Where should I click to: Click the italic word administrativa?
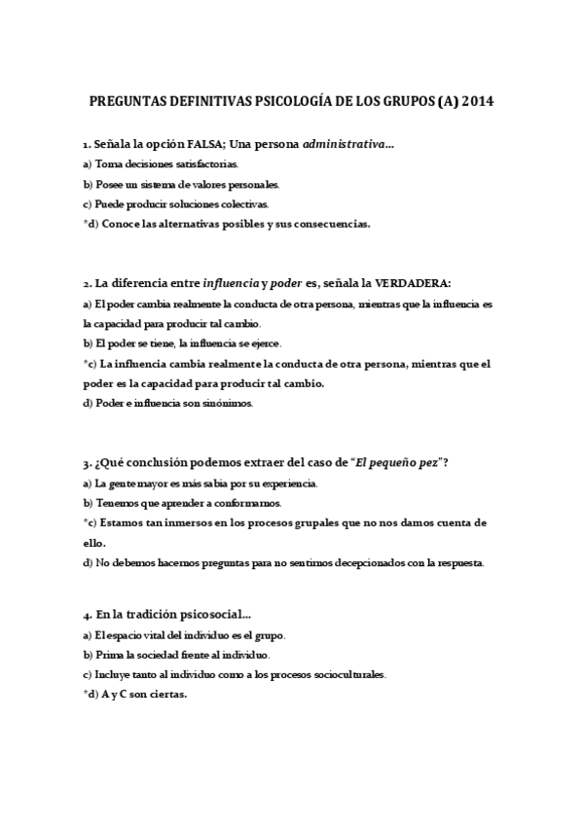(x=344, y=144)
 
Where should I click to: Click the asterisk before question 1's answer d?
(x=86, y=223)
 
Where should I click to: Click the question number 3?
(x=86, y=462)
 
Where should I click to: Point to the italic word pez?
(x=424, y=462)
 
